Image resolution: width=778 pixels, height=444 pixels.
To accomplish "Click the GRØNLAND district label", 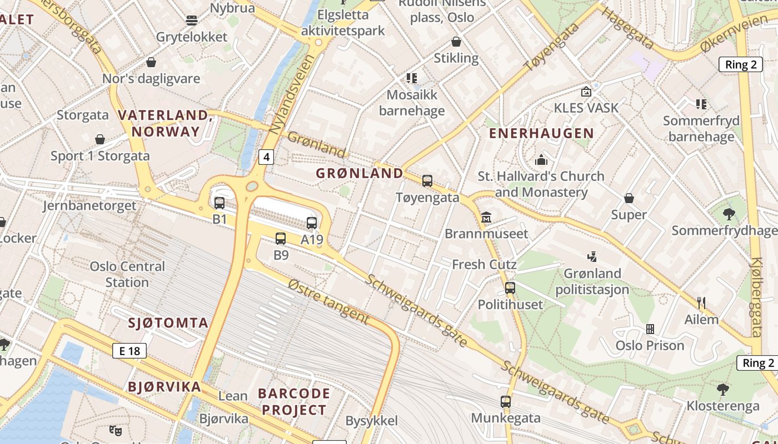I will (x=360, y=173).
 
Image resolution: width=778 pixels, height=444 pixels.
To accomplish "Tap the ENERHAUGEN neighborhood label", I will (x=541, y=133).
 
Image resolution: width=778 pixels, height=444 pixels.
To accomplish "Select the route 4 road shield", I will (x=267, y=157).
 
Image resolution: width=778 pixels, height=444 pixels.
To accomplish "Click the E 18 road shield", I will (x=129, y=351).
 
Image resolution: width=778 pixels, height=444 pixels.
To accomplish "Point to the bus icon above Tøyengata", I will (x=427, y=180).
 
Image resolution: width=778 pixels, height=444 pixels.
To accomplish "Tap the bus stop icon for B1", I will (x=220, y=203).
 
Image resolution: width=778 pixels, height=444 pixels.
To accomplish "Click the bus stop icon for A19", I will (x=312, y=223).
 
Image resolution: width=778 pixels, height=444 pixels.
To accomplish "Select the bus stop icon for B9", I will (x=281, y=239).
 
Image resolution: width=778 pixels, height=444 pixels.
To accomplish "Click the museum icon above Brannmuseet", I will (x=486, y=217).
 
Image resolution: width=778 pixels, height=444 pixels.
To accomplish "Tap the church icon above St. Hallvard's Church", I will (x=541, y=160).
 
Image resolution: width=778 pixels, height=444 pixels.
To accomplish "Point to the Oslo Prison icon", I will (x=650, y=329).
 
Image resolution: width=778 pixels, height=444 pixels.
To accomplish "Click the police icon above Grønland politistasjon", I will (x=592, y=256).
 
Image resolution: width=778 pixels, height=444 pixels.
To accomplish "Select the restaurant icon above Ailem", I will (x=701, y=302).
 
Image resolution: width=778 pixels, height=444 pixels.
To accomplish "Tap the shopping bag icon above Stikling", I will (x=456, y=42).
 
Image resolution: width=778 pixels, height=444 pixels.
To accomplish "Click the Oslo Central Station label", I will (x=127, y=274).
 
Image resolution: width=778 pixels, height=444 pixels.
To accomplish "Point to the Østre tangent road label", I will (x=328, y=301).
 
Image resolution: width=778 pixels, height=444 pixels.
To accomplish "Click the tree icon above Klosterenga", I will (x=722, y=389).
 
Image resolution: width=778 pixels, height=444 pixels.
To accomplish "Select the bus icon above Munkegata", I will (x=505, y=401).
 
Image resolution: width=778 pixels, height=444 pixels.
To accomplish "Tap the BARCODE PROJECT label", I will (x=294, y=402).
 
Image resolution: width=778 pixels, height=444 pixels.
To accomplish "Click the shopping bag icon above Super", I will (x=629, y=198).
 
